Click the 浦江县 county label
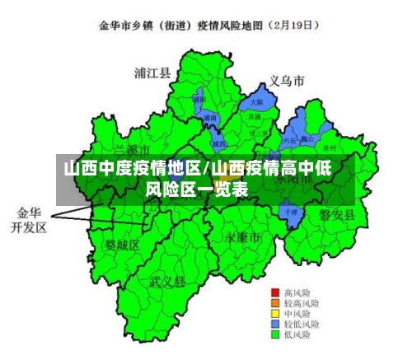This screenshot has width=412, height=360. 152,72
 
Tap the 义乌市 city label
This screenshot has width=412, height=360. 286,81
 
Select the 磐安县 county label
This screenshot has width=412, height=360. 337,215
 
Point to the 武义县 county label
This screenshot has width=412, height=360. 167,280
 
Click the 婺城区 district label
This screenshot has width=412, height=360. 123,245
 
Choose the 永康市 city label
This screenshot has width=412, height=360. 242,236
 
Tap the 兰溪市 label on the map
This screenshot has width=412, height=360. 132,151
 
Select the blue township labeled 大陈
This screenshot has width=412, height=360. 257,102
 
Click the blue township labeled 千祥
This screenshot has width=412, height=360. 289,212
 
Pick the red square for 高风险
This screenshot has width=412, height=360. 275,292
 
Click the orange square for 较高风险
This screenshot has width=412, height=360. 275,303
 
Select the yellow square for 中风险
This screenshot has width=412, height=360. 275,314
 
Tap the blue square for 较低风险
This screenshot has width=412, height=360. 275,325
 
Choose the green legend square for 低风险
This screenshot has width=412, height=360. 275,335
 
